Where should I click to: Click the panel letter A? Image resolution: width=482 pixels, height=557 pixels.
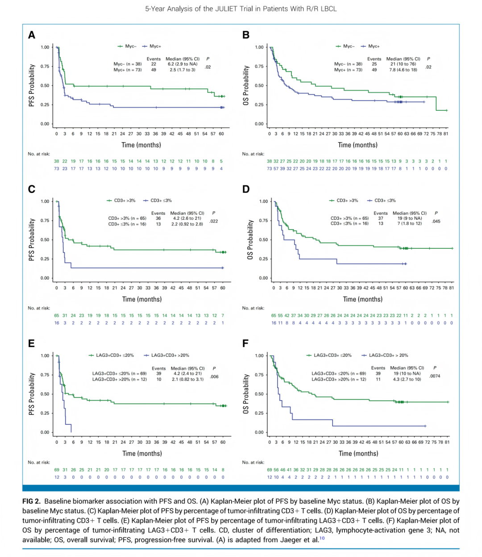[32, 35]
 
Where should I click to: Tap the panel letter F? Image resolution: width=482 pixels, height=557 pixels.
[245, 343]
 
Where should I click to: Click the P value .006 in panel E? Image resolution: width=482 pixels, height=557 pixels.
[214, 377]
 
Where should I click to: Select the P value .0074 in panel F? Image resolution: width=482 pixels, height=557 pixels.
[435, 376]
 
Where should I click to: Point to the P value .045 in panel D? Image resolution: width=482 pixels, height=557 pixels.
[436, 221]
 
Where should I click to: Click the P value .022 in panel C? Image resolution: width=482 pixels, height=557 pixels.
[214, 221]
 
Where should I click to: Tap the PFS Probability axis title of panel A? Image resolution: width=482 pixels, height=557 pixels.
[32, 85]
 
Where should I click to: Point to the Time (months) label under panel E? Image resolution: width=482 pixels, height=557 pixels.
[142, 453]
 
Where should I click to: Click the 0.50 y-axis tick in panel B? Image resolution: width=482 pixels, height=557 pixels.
[259, 86]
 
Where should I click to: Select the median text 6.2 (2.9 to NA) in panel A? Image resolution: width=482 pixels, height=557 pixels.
[183, 64]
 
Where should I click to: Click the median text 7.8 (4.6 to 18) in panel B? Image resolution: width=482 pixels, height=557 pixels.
[403, 70]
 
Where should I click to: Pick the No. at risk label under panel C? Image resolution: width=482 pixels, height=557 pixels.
[39, 308]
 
